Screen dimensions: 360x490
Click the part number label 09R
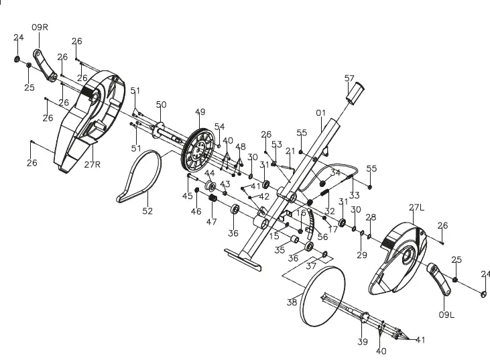click(x=40, y=27)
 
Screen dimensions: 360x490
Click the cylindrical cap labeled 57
click(x=353, y=92)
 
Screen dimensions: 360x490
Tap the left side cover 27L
click(x=399, y=258)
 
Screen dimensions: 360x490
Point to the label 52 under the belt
click(x=147, y=211)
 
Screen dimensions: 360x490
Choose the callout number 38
click(x=292, y=302)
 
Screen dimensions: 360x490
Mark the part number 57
click(x=349, y=78)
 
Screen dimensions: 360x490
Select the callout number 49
click(x=200, y=112)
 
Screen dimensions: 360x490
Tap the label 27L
click(x=417, y=208)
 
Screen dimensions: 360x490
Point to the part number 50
click(x=161, y=105)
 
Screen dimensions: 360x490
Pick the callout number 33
click(x=354, y=196)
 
